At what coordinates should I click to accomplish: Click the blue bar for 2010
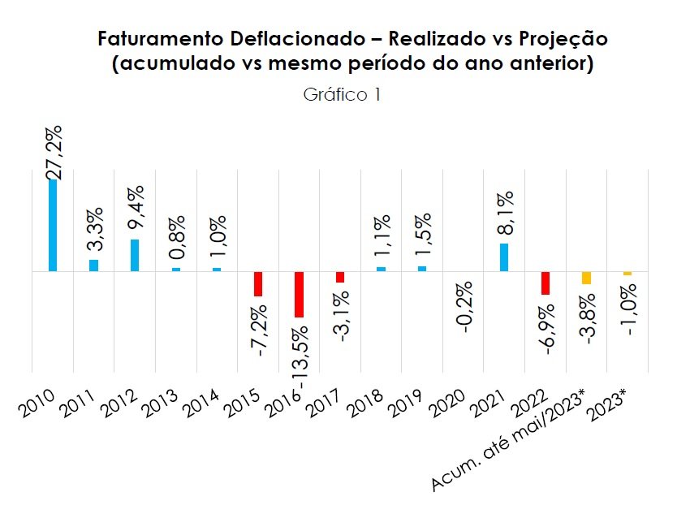click(53, 225)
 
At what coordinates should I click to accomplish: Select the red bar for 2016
click(299, 294)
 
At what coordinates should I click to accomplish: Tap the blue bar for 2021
click(503, 257)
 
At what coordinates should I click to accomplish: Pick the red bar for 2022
click(546, 283)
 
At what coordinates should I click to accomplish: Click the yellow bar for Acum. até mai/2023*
click(586, 278)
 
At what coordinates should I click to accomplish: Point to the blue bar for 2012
click(135, 255)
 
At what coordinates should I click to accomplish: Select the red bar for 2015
click(258, 283)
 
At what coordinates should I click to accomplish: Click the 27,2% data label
click(54, 150)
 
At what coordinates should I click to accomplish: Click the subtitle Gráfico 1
click(342, 95)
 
